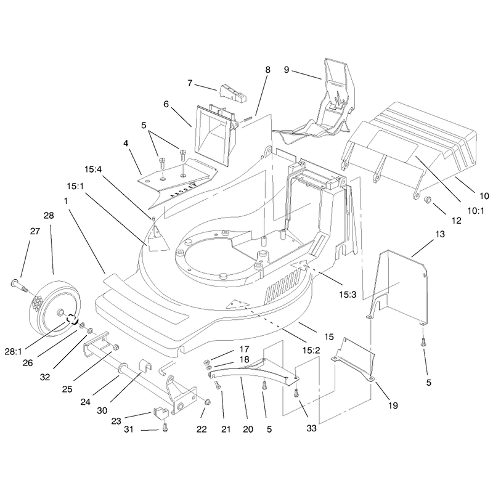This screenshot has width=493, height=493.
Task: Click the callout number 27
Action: (x=35, y=231)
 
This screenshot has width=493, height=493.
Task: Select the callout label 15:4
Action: (x=93, y=169)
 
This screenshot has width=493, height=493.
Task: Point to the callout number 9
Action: (x=286, y=70)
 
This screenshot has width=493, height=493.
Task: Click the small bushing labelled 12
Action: (x=428, y=199)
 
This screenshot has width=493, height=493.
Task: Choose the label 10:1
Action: (x=476, y=211)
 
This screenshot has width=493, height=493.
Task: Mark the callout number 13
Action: (x=440, y=234)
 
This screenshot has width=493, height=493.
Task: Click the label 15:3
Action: (x=348, y=295)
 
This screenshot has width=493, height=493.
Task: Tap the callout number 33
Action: (x=311, y=428)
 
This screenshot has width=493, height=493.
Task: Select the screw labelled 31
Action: (x=165, y=427)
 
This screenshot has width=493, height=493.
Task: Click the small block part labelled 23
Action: (x=161, y=412)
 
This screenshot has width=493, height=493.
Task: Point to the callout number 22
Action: (x=202, y=429)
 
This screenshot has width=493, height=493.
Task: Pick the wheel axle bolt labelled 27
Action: (x=19, y=285)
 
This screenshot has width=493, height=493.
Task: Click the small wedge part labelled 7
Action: (x=233, y=93)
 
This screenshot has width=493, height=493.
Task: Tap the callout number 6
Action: (x=166, y=104)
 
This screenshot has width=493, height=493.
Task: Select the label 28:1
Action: (x=13, y=351)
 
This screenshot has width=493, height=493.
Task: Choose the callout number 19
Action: (x=393, y=405)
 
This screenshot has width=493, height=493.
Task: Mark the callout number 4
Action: (x=126, y=144)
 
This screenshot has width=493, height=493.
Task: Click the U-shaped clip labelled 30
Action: (x=145, y=366)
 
